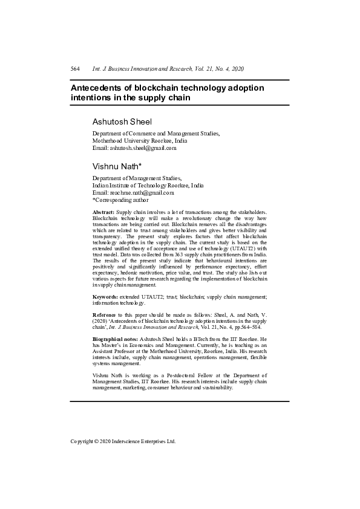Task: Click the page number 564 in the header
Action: pos(76,70)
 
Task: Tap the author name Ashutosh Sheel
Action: pos(122,122)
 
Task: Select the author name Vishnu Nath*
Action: pos(117,166)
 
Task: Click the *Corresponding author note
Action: pos(120,199)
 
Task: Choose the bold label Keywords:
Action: pos(105,297)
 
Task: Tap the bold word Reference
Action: pos(105,315)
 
